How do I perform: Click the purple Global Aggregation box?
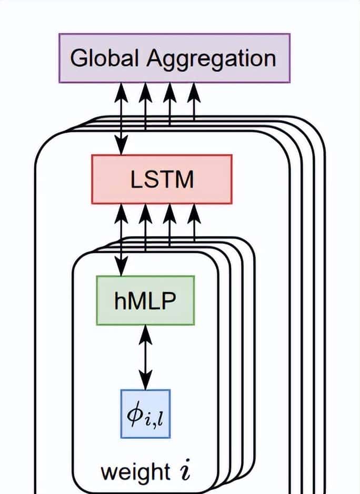(174, 58)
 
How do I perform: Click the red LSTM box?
(162, 179)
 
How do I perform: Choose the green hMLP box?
(145, 300)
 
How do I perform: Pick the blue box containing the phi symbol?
(145, 413)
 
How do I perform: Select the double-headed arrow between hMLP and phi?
(145, 357)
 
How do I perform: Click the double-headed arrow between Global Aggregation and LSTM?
(122, 118)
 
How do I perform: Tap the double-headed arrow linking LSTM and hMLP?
(122, 240)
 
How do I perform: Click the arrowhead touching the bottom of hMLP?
(145, 333)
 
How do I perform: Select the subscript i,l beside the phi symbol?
(156, 419)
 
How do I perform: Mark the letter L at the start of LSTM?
(136, 180)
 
